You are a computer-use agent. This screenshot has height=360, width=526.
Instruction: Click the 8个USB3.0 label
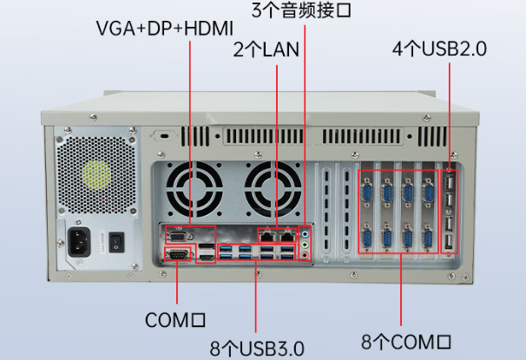click(256, 348)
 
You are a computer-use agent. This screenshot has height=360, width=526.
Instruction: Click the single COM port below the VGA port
click(176, 254)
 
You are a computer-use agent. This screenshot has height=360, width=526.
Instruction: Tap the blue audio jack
click(306, 232)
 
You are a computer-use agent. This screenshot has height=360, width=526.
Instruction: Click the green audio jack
click(306, 245)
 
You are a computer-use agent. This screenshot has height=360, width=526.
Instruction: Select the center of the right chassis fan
click(268, 190)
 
